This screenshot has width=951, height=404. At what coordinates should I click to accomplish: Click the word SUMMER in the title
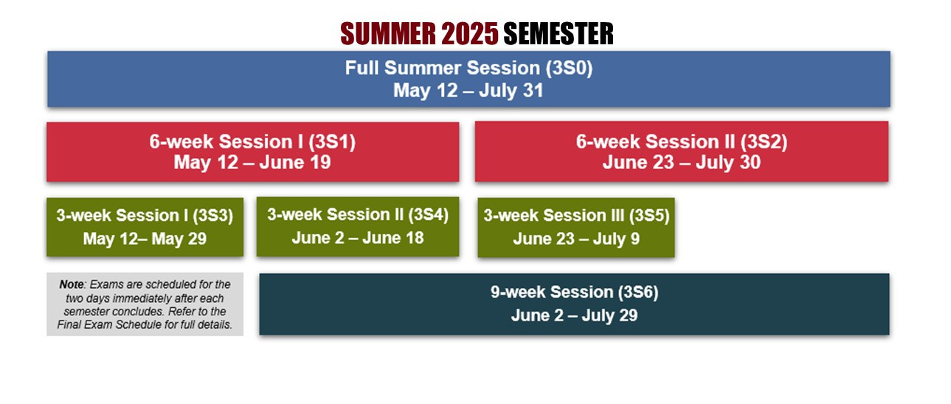pos(388,33)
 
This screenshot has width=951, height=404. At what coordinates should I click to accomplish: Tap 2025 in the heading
pos(469,33)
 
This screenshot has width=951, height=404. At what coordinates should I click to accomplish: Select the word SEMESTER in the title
pos(559,33)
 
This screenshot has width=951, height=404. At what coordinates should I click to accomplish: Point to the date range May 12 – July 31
pos(468,91)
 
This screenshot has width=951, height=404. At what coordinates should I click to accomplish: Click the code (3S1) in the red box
pos(332,142)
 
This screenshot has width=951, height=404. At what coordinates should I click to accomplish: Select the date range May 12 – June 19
pos(252,162)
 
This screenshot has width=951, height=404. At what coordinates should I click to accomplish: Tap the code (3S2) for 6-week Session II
pos(764,142)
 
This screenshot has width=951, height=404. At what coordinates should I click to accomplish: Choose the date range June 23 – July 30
pos(682,162)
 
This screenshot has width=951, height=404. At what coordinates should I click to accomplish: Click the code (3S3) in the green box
pos(213,216)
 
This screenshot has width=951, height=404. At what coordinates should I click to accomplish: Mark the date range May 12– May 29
pos(145,239)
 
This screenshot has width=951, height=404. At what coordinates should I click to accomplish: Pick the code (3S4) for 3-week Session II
pos(429,214)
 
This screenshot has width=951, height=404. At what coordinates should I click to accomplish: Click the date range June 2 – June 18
pos(358,238)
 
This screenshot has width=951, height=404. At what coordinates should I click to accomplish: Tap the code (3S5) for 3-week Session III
pos(649,216)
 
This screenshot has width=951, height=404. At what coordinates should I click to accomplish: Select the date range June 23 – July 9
pos(576,239)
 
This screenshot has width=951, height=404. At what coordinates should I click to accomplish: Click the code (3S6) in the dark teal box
pos(638,292)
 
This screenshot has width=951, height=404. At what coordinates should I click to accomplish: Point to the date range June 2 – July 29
pos(575,315)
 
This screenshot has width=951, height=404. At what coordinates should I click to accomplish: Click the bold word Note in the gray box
pos(72,284)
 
